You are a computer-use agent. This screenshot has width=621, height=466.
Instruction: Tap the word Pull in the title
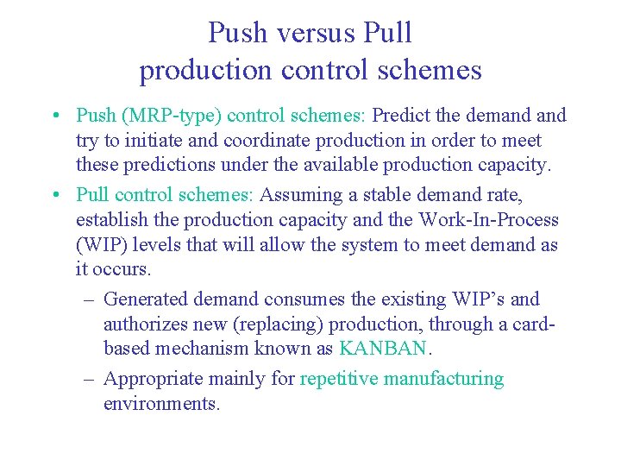[x=388, y=33]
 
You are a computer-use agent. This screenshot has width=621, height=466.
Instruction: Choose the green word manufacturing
[x=443, y=379]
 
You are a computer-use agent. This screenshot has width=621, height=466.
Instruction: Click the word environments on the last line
[x=161, y=403]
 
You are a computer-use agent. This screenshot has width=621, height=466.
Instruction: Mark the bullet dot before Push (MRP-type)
[x=55, y=116]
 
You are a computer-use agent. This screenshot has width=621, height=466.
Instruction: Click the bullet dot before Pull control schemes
[x=55, y=196]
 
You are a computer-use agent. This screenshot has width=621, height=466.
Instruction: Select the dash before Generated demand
[x=90, y=300]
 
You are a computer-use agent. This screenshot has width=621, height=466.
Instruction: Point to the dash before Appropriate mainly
[x=90, y=379]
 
